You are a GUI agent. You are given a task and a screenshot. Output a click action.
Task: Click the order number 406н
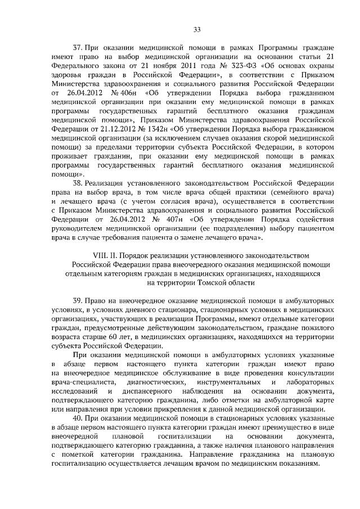point(123,92)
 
